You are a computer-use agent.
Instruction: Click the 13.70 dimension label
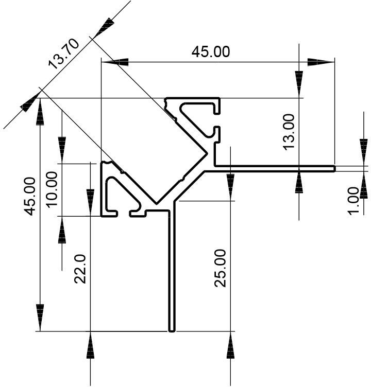click(64, 54)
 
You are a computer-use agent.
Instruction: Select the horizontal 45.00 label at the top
click(211, 51)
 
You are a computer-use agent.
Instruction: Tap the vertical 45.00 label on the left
click(30, 196)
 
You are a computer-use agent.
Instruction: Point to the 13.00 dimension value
click(289, 132)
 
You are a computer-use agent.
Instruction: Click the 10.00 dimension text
click(52, 189)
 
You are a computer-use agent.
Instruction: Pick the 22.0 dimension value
click(80, 269)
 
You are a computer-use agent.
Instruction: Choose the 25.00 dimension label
click(220, 268)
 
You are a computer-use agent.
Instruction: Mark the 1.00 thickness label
click(353, 201)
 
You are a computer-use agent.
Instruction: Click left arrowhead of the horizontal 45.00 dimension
click(115, 62)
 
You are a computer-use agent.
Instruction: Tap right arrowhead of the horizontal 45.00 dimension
click(321, 62)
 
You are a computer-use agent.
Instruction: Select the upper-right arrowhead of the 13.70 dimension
click(104, 27)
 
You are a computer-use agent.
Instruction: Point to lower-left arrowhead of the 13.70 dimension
click(30, 102)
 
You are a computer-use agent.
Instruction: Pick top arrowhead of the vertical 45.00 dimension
click(40, 112)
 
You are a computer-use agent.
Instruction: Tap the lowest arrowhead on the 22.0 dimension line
click(91, 345)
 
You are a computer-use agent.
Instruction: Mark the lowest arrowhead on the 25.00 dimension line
click(230, 345)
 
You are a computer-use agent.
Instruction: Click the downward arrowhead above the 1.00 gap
click(364, 152)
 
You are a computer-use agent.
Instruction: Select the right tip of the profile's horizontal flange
click(335, 169)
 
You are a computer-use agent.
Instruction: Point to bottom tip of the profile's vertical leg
click(172, 331)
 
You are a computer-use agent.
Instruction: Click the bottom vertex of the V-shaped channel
click(157, 204)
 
